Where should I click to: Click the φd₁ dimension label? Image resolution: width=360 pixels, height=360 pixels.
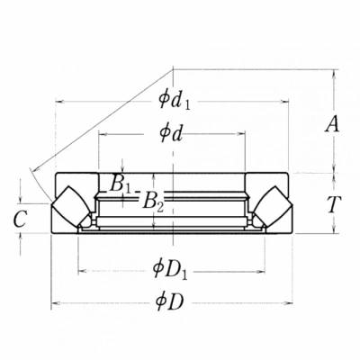(x=175, y=101)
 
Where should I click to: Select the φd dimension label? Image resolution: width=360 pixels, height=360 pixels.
(x=171, y=133)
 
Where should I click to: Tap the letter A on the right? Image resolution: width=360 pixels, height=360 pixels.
(x=332, y=124)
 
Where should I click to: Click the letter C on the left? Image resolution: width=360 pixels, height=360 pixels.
(x=21, y=219)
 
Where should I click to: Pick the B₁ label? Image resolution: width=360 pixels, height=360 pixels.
(x=121, y=184)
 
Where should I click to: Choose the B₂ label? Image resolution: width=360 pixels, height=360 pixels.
(x=153, y=202)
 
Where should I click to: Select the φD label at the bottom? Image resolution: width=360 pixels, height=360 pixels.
(x=169, y=302)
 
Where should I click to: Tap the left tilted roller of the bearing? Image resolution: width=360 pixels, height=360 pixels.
(x=71, y=206)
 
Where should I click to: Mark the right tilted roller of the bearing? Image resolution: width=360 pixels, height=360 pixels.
(x=273, y=206)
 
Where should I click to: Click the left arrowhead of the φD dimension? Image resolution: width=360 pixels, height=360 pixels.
(x=54, y=303)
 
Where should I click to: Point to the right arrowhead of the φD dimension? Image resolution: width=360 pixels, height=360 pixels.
(x=289, y=303)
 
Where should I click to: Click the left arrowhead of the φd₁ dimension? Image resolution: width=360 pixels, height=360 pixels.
(x=59, y=102)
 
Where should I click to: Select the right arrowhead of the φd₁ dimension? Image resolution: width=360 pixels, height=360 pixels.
(x=284, y=102)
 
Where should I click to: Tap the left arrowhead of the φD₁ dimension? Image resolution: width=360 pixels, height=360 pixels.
(x=82, y=272)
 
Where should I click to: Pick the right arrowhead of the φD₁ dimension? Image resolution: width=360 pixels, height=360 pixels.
(x=261, y=272)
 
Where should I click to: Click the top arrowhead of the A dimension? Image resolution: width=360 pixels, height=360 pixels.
(x=334, y=74)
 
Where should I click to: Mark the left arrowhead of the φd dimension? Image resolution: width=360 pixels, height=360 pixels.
(x=103, y=134)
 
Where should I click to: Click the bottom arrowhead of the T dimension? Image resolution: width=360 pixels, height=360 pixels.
(x=334, y=229)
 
